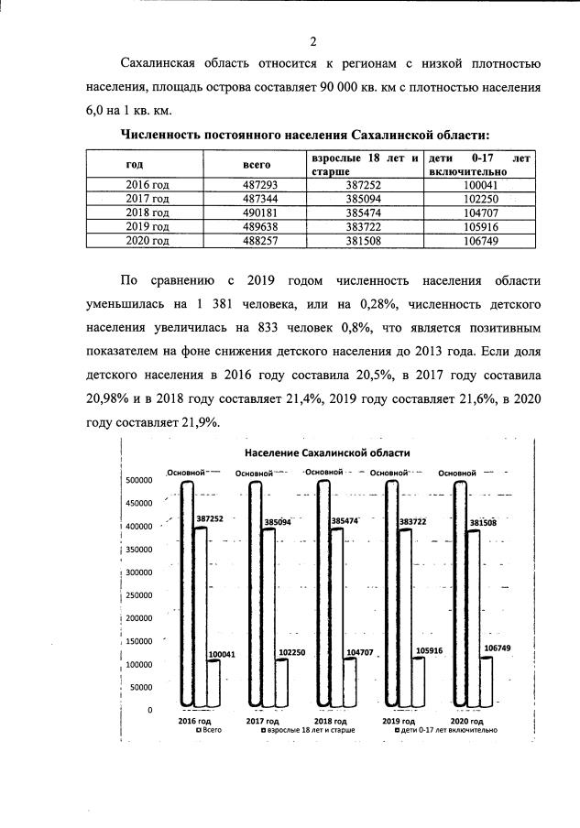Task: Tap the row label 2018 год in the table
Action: [147, 212]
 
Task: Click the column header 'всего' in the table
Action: [256, 164]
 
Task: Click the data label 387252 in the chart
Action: [210, 518]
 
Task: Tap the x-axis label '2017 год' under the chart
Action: [262, 722]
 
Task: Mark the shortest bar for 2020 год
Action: [487, 682]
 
